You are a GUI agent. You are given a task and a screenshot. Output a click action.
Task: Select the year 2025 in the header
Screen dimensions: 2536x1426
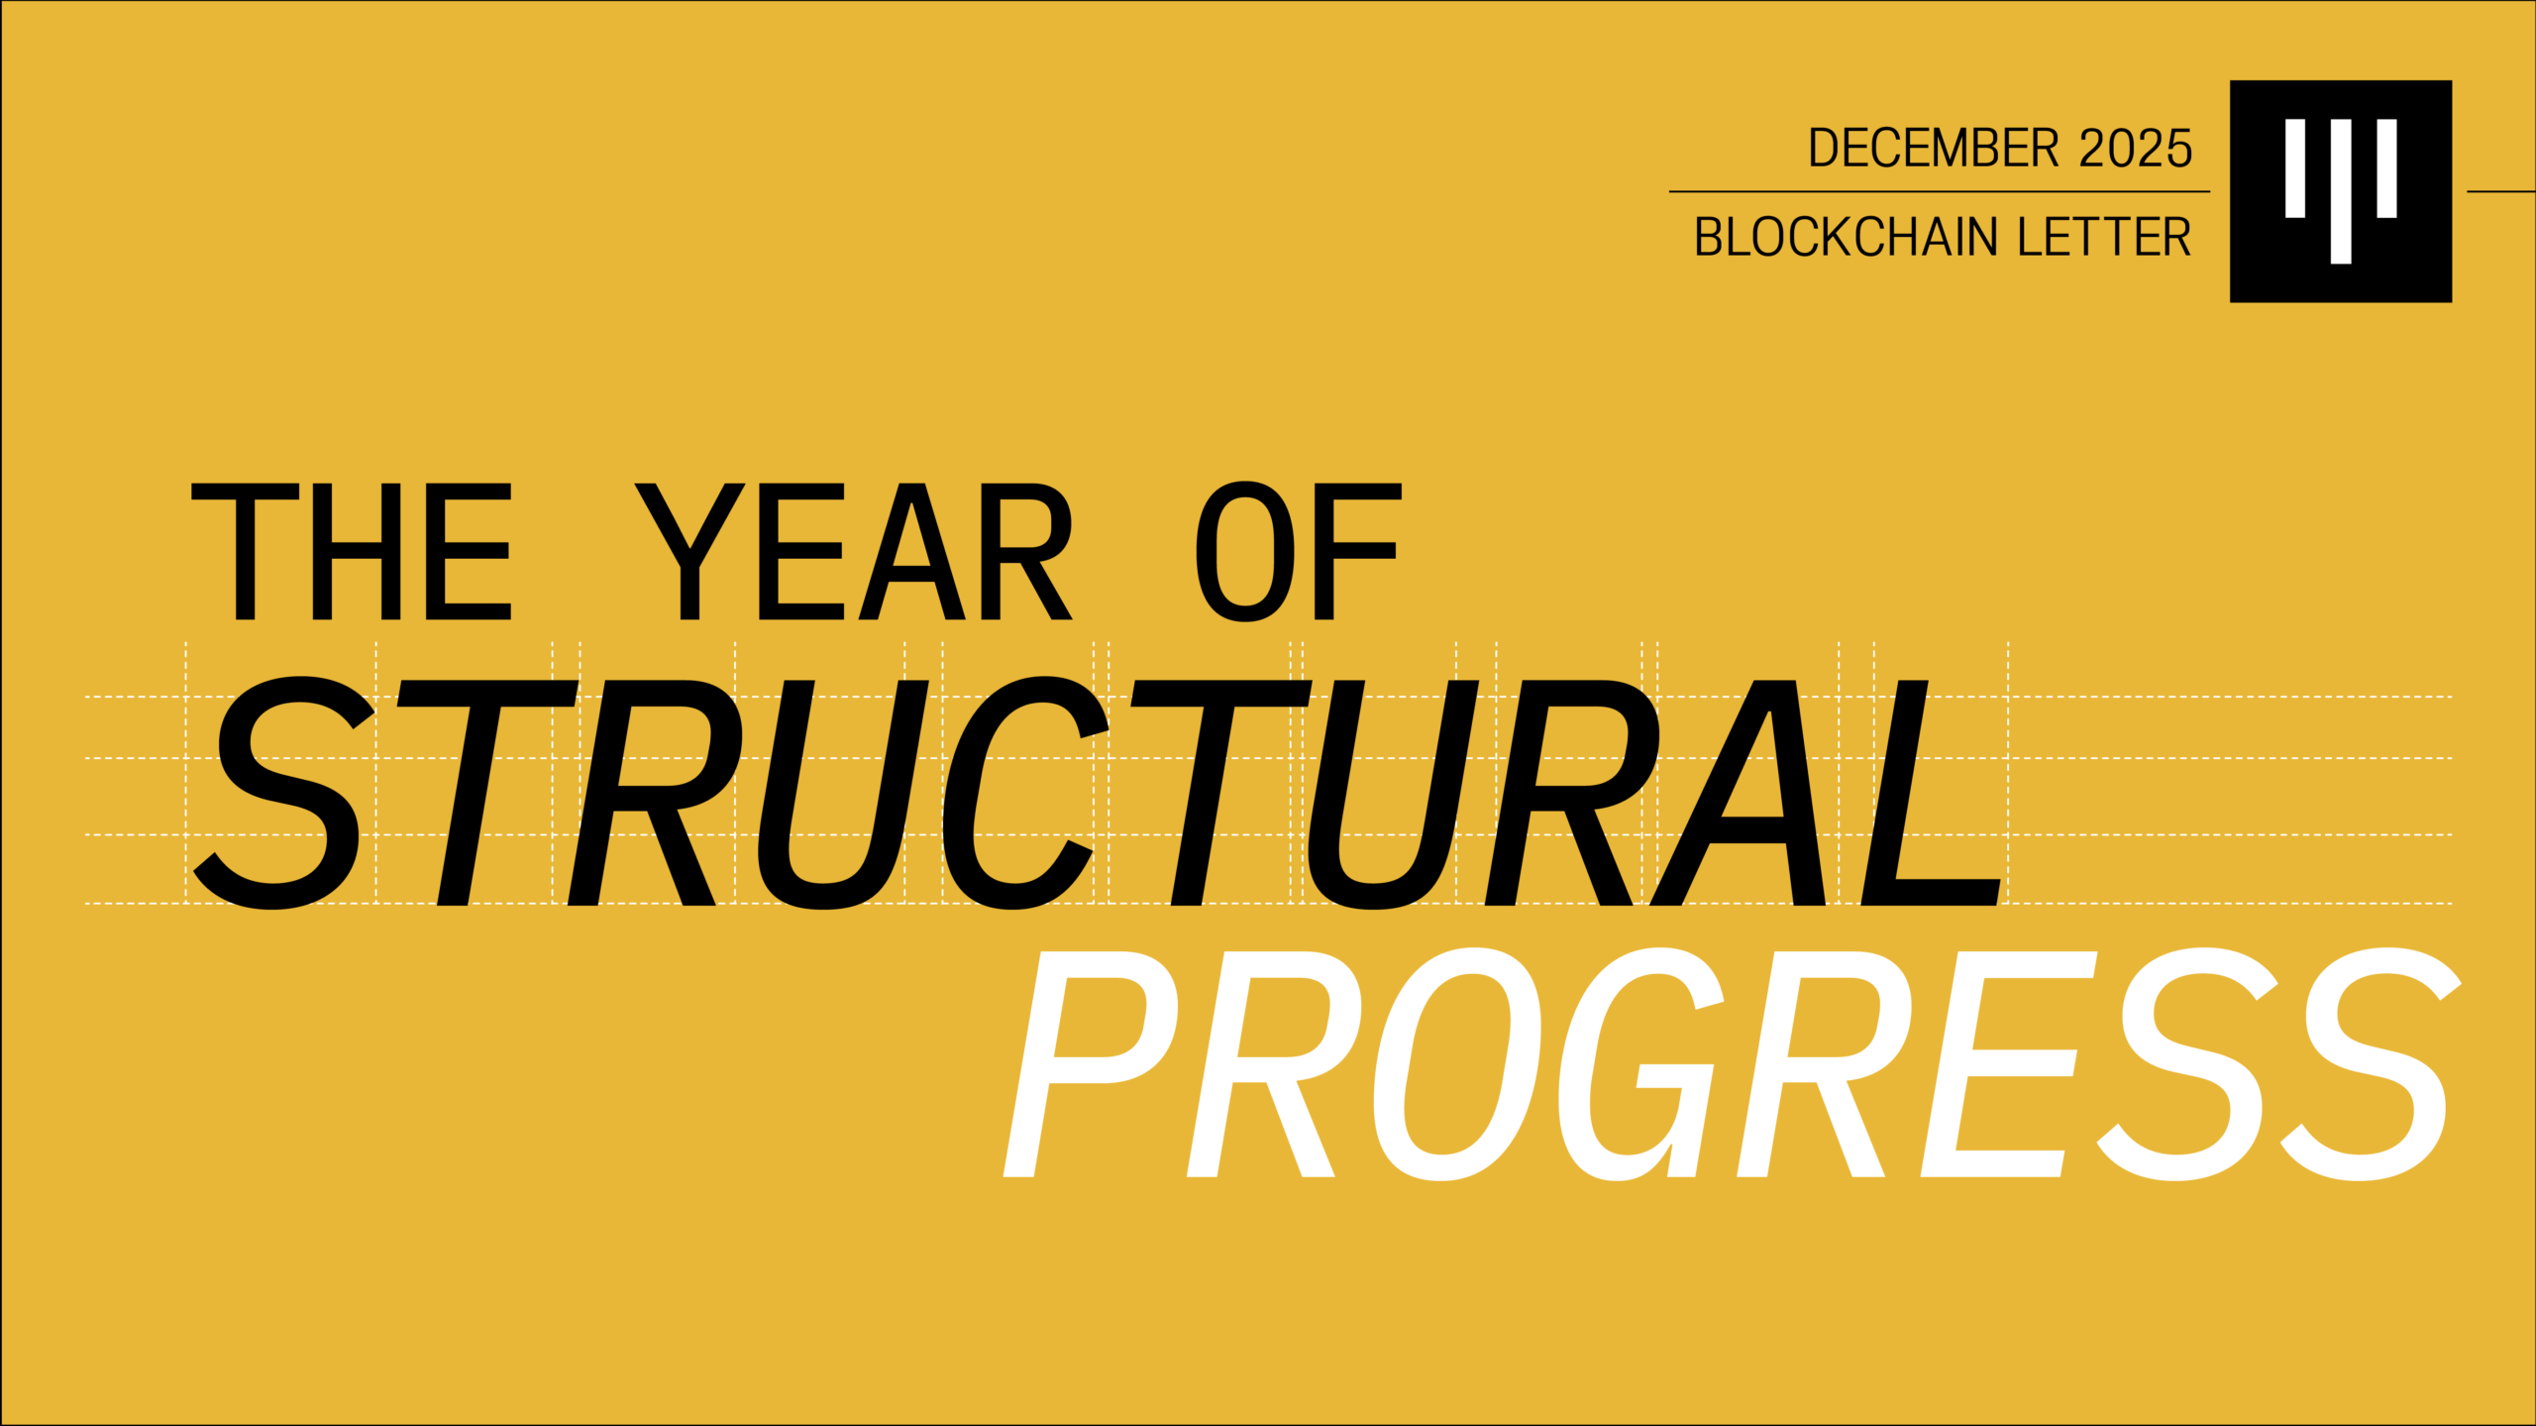click(2136, 149)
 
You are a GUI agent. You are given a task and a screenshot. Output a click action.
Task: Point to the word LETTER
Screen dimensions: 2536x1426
click(2104, 238)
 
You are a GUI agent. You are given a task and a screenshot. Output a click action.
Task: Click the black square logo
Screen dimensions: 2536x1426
click(2341, 191)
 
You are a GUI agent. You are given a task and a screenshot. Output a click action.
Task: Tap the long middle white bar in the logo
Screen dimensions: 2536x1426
click(2341, 191)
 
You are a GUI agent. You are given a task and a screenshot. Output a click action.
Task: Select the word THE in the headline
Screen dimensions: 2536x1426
click(351, 552)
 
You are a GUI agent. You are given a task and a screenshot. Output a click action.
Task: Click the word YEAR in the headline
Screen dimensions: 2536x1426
click(853, 552)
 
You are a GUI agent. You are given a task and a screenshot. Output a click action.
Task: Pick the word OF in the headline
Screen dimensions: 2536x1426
click(1299, 552)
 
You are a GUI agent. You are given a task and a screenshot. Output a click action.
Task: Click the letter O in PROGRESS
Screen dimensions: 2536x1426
click(1457, 1064)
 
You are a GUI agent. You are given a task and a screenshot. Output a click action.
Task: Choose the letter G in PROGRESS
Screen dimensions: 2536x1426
click(1640, 1064)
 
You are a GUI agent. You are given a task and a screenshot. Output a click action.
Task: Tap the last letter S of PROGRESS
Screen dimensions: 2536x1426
click(2372, 1064)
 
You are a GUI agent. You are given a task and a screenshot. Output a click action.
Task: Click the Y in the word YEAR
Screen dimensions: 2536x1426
click(689, 552)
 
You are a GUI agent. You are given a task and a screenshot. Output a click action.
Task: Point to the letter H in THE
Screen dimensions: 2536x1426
click(357, 552)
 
